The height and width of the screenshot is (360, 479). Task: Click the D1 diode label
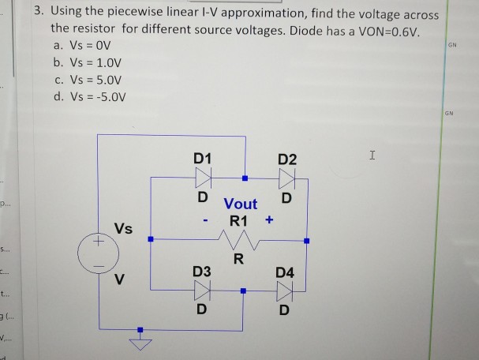click(x=203, y=158)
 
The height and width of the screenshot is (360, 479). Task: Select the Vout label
click(x=240, y=204)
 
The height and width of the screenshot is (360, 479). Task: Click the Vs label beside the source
click(x=123, y=229)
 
